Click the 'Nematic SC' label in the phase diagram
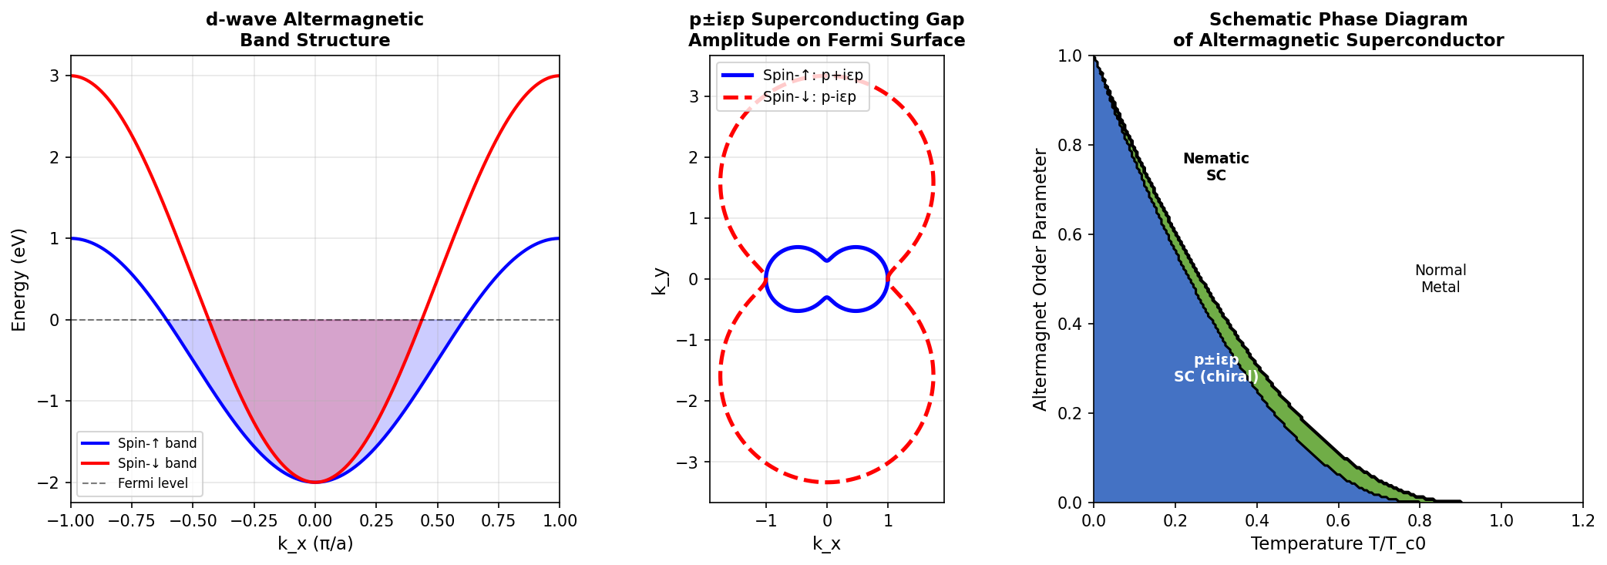pos(1215,167)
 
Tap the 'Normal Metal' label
pos(1440,279)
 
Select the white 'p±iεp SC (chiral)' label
pos(1215,368)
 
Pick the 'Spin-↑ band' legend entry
pos(156,443)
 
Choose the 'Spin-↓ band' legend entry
pos(156,463)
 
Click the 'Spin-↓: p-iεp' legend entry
pos(809,97)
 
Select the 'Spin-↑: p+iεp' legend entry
pos(812,76)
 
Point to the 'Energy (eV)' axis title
pos(19,279)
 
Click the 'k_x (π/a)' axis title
pos(315,544)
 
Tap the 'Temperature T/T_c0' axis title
pos(1337,544)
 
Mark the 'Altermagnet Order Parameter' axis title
pos(1041,279)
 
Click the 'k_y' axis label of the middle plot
pos(659,281)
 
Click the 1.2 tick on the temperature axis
pos(1582,521)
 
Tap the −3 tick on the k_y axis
pos(688,462)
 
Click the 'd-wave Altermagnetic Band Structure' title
pos(314,30)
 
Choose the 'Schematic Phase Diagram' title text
pos(1337,20)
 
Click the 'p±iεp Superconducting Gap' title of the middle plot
pos(826,20)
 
